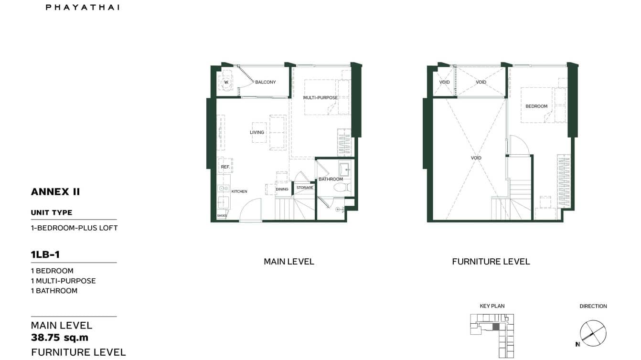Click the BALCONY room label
(265, 82)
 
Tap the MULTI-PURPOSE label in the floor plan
(320, 98)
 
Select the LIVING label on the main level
(257, 132)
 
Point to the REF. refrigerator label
(225, 167)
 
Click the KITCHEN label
(239, 191)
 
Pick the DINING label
(282, 189)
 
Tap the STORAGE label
(305, 188)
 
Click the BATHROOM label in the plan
(331, 179)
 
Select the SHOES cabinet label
(222, 216)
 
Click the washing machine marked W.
(226, 82)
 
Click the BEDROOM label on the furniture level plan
(536, 106)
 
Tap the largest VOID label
(476, 158)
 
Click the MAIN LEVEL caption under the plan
(289, 262)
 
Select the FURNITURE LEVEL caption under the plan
(491, 262)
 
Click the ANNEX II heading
(55, 192)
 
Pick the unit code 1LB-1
(45, 254)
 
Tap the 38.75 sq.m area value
(60, 338)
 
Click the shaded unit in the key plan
(496, 327)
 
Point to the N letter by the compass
(577, 344)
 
